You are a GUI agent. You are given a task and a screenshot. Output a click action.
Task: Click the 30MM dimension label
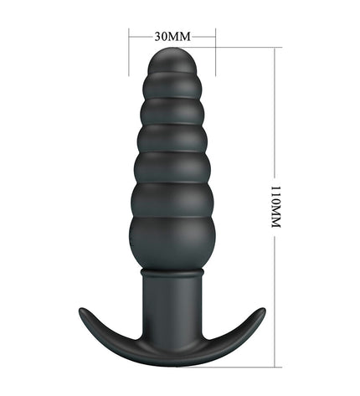(172, 36)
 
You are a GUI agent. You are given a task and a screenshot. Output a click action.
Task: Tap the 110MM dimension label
(275, 207)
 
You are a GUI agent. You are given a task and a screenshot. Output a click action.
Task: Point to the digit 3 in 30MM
(157, 36)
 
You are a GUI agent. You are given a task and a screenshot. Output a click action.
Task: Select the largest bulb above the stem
(172, 243)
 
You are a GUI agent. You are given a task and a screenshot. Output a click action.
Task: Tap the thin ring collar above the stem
(172, 272)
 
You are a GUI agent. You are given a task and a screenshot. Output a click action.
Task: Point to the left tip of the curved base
(81, 310)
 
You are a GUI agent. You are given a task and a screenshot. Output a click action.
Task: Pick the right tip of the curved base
(263, 310)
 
